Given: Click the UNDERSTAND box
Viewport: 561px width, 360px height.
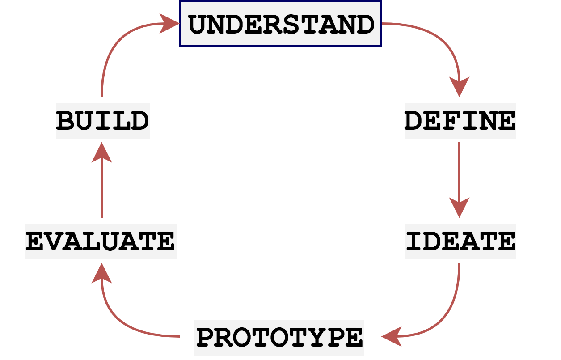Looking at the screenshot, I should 281,24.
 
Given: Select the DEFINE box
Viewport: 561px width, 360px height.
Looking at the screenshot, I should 460,121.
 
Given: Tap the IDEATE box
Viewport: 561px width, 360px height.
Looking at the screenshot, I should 460,241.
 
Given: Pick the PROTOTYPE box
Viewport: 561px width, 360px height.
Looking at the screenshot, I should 279,338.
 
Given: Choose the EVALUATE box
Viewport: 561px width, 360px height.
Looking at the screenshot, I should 101,241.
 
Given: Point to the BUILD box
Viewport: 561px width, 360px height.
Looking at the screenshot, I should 102,121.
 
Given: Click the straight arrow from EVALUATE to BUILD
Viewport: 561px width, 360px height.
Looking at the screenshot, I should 101,188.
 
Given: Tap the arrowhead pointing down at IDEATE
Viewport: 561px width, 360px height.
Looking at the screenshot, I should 459,207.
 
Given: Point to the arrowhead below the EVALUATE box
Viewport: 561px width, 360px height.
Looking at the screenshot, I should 101,273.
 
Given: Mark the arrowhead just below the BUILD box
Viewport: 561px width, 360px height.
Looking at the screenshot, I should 101,152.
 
